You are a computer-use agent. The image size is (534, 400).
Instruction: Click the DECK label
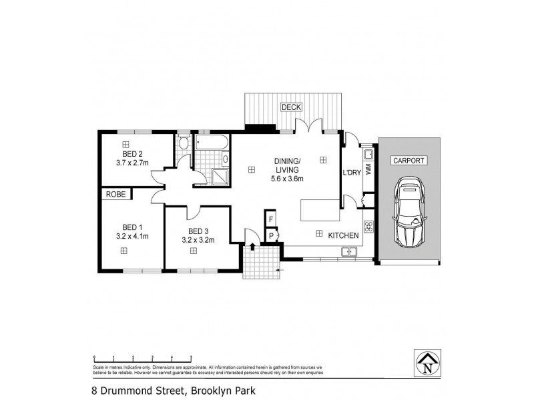(291, 107)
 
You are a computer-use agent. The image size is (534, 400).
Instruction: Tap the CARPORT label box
(409, 161)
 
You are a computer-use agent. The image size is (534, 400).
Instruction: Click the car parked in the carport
(409, 213)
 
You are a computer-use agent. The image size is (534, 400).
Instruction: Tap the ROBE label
(115, 195)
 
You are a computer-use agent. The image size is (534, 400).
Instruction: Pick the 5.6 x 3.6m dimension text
(286, 179)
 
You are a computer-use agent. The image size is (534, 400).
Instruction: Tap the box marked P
(272, 236)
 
